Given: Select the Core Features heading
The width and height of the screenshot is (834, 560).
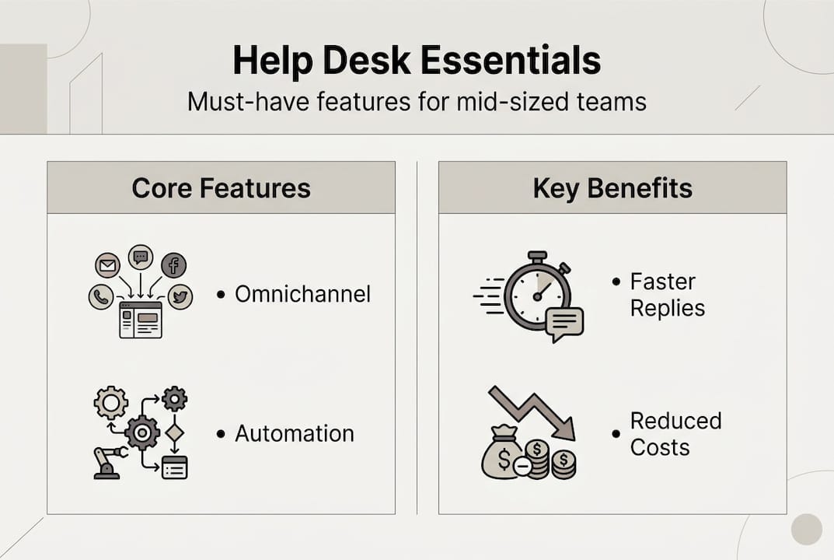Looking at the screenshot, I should [x=221, y=187].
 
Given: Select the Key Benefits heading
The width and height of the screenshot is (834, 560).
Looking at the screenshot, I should [x=612, y=187].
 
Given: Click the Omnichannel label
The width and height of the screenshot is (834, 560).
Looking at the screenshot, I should [x=302, y=294].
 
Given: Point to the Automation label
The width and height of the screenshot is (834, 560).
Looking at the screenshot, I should [x=294, y=433].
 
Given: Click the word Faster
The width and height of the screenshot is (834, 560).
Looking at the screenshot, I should [x=663, y=281].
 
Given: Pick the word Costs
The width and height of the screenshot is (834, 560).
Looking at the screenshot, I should [x=660, y=448].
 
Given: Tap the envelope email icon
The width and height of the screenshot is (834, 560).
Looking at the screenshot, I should [x=107, y=266].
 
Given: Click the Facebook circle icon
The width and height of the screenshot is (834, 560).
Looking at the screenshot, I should [x=173, y=266].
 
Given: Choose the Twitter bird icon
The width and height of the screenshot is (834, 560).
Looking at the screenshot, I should [x=180, y=296].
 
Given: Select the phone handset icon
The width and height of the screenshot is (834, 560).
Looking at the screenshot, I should [x=101, y=296].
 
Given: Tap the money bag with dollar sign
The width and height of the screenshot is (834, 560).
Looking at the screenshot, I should [x=501, y=456].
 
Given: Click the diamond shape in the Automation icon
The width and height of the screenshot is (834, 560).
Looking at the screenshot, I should [x=174, y=432].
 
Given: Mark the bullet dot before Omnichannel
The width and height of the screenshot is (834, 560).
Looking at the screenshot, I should [x=221, y=295].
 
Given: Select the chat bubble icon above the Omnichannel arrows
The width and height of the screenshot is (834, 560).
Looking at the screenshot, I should [x=141, y=256].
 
